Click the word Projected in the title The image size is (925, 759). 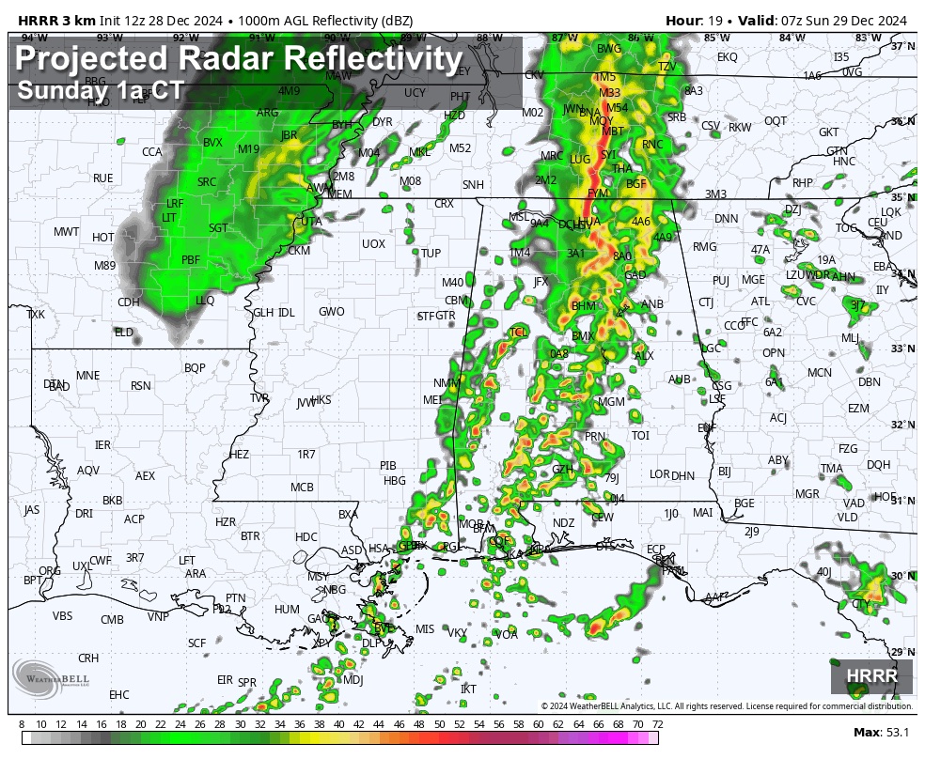coord(86,60)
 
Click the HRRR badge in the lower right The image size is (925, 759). coord(871,675)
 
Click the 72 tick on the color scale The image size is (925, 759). coord(658,723)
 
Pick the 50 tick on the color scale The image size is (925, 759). coord(439,723)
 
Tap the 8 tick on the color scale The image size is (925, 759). coord(22,723)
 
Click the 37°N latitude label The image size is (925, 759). coord(902,46)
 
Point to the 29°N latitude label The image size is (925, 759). coord(902,652)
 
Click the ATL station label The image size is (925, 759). coord(760,302)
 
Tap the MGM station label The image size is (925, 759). coord(612,402)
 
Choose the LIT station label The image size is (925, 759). coord(169,217)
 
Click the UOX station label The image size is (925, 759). coord(373,244)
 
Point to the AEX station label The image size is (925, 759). coord(145,476)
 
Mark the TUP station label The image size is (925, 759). coord(431,254)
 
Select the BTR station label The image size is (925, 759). coord(250,535)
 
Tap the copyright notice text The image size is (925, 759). coord(727,705)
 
